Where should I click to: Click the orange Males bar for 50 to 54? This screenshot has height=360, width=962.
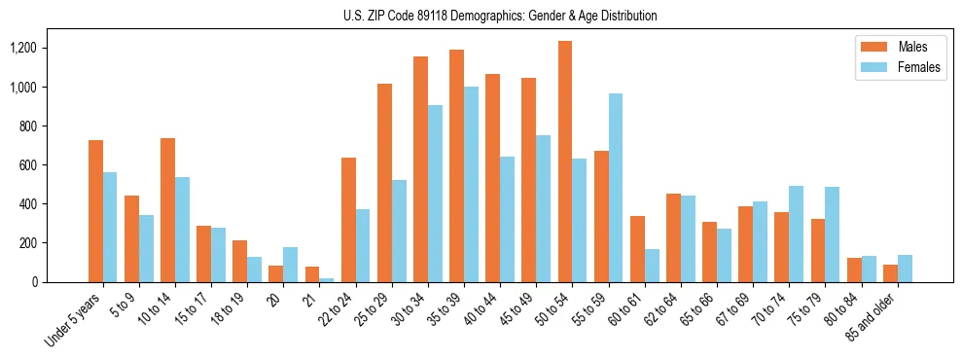coord(565,162)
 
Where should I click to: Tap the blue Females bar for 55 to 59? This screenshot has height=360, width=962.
coord(616,188)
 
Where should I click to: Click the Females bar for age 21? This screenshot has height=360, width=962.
coord(327,280)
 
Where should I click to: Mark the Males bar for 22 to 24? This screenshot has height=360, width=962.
coord(348,220)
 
